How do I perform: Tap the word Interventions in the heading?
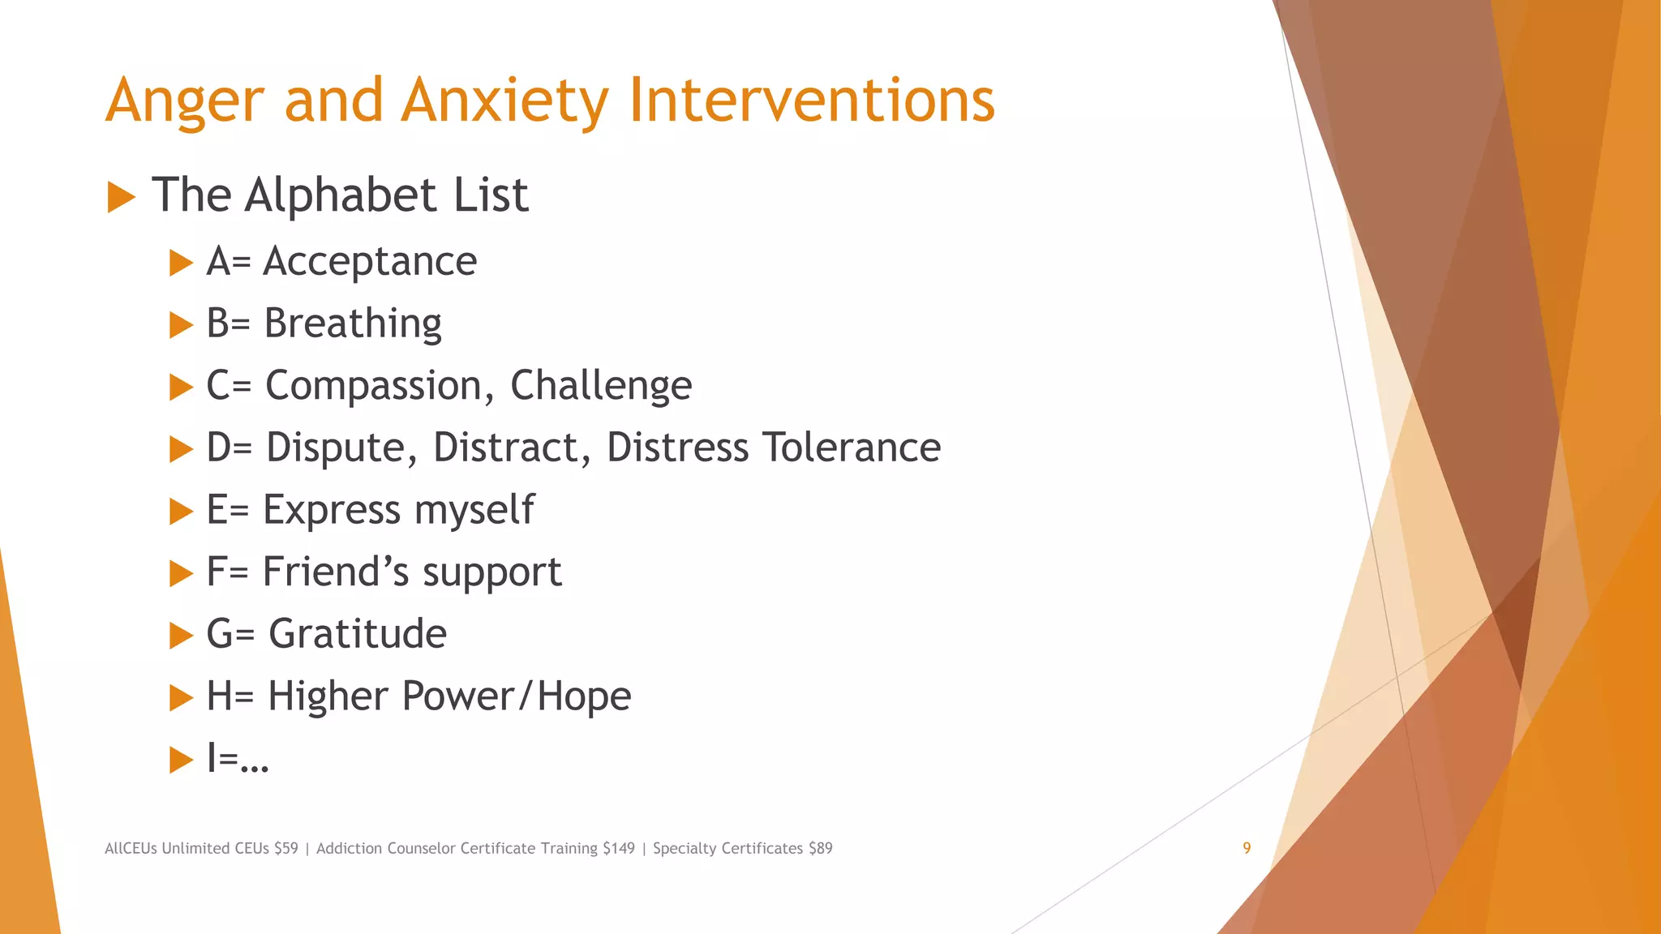pos(811,101)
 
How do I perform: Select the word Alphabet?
pos(341,195)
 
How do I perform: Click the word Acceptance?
pos(370,262)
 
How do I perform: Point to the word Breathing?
pos(353,324)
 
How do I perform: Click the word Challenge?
pos(601,386)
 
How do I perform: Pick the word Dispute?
pos(341,448)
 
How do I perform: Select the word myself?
pos(474,511)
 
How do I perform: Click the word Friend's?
pos(336,572)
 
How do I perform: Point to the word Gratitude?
pos(358,634)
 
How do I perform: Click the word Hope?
pos(584,696)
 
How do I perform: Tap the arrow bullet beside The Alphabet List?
pos(121,197)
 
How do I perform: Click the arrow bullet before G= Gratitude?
pos(181,636)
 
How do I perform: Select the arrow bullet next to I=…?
pos(181,760)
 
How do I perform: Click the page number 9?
pos(1247,848)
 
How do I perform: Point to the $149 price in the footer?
pos(619,848)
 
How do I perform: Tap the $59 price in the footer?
pos(285,848)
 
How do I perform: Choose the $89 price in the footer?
pos(820,848)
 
